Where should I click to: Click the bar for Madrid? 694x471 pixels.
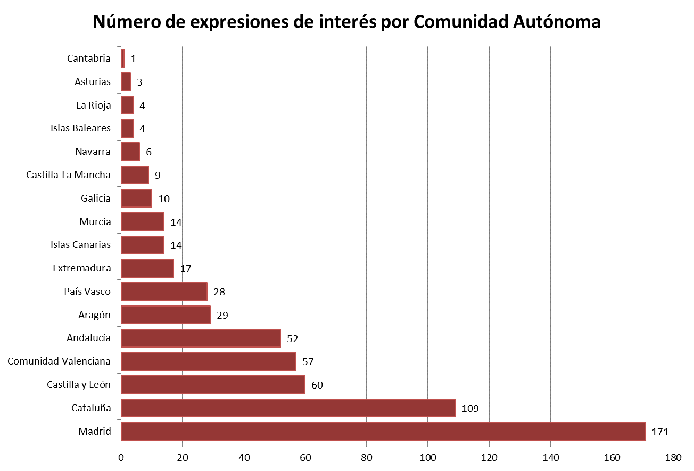pyautogui.click(x=383, y=431)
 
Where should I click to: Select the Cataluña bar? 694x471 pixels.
pyautogui.click(x=288, y=408)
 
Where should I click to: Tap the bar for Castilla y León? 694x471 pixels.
pyautogui.click(x=213, y=384)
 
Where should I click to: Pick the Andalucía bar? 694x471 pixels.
pyautogui.click(x=201, y=338)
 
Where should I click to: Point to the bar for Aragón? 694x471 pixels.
pyautogui.click(x=166, y=315)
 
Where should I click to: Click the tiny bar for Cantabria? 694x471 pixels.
pyautogui.click(x=123, y=59)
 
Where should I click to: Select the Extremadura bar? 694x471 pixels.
pyautogui.click(x=147, y=268)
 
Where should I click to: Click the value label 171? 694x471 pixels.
pyautogui.click(x=660, y=432)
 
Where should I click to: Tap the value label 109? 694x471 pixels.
pyautogui.click(x=470, y=408)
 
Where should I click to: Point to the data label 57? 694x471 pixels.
pyautogui.click(x=308, y=362)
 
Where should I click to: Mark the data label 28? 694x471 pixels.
pyautogui.click(x=219, y=292)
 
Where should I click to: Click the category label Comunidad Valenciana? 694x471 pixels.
pyautogui.click(x=59, y=361)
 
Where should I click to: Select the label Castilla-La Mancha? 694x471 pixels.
pyautogui.click(x=68, y=175)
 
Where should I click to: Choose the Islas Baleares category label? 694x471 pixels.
pyautogui.click(x=80, y=128)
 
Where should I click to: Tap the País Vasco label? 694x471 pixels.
pyautogui.click(x=87, y=291)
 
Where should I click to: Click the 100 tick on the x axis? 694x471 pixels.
pyautogui.click(x=428, y=457)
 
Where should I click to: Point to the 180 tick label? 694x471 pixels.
pyautogui.click(x=673, y=457)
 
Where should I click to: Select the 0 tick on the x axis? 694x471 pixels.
pyautogui.click(x=121, y=457)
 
